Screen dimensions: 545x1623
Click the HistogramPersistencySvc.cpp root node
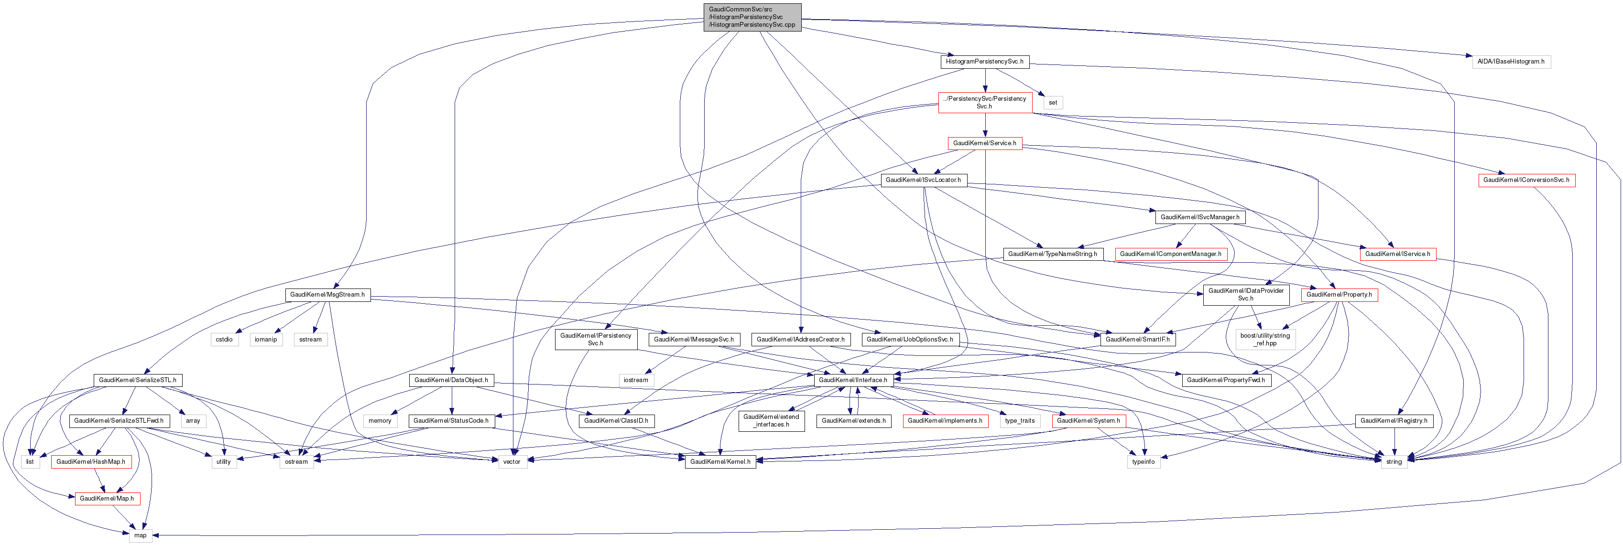pyautogui.click(x=752, y=18)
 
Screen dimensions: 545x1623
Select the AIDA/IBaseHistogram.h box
pyautogui.click(x=1511, y=62)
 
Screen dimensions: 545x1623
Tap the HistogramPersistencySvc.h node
pyautogui.click(x=984, y=62)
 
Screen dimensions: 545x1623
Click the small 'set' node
pyautogui.click(x=1053, y=103)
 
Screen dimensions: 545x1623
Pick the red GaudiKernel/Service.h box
pyautogui.click(x=984, y=143)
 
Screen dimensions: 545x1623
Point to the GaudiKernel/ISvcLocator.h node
pyautogui.click(x=923, y=180)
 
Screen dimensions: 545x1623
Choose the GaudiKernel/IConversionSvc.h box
pyautogui.click(x=1526, y=180)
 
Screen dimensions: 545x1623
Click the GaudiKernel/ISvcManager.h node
pyautogui.click(x=1199, y=217)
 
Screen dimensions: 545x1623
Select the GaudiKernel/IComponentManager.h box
pyautogui.click(x=1171, y=254)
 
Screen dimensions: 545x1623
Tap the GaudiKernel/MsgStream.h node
pyautogui.click(x=327, y=295)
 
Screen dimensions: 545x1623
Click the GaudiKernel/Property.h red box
pyautogui.click(x=1339, y=295)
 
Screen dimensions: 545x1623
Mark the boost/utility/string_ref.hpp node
pyautogui.click(x=1264, y=339)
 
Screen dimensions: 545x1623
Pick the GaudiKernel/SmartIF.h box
pyautogui.click(x=1137, y=339)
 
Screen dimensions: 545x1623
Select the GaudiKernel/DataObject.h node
pyautogui.click(x=451, y=380)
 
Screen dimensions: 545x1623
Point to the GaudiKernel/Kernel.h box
pyautogui.click(x=720, y=462)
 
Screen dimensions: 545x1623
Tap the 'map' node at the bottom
pyautogui.click(x=140, y=535)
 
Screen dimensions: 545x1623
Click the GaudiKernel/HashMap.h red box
pyautogui.click(x=91, y=462)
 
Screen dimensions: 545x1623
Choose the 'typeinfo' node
pyautogui.click(x=1143, y=462)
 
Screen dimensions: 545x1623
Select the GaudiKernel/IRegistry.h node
pyautogui.click(x=1394, y=420)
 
